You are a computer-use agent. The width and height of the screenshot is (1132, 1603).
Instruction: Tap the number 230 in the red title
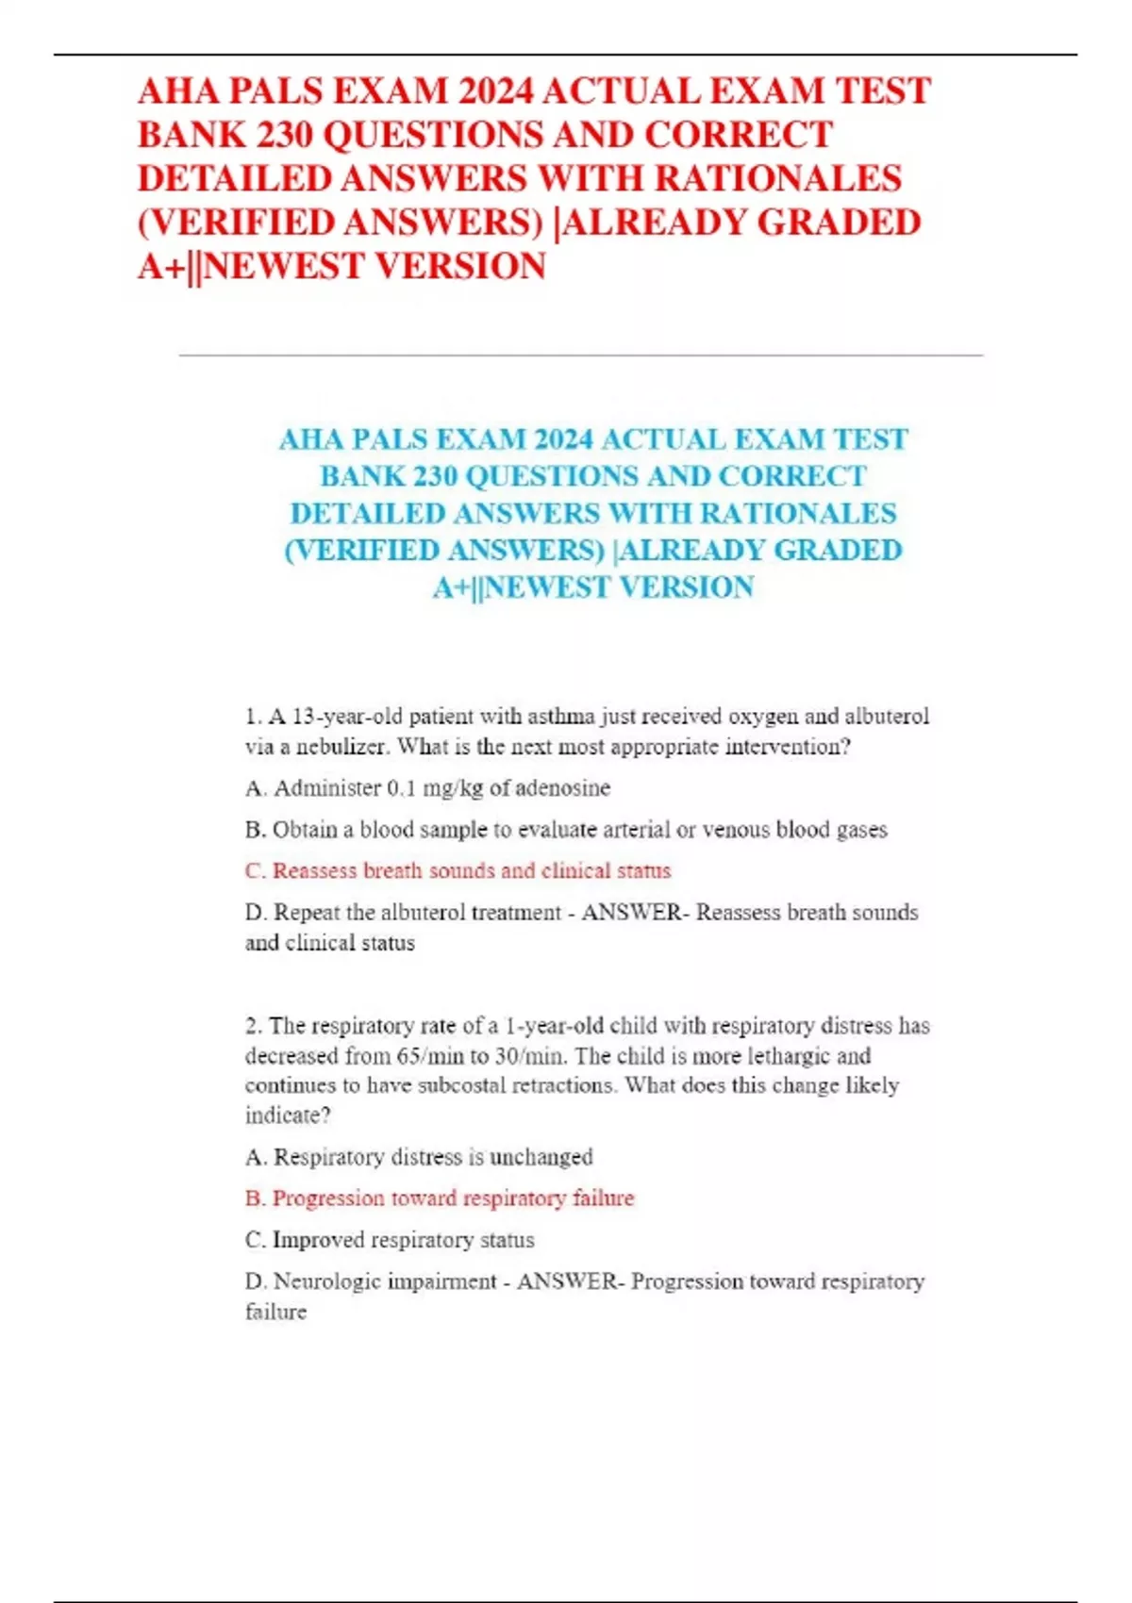tap(272, 135)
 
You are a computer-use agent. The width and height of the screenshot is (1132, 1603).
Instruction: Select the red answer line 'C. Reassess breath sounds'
tap(458, 870)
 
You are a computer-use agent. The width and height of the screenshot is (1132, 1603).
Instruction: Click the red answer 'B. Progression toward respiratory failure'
tap(440, 1198)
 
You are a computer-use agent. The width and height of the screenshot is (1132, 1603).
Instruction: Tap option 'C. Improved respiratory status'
tap(390, 1240)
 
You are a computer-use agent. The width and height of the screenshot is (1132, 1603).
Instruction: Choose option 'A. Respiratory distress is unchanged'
tap(419, 1157)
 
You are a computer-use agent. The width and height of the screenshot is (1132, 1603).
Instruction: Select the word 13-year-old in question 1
tap(347, 717)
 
